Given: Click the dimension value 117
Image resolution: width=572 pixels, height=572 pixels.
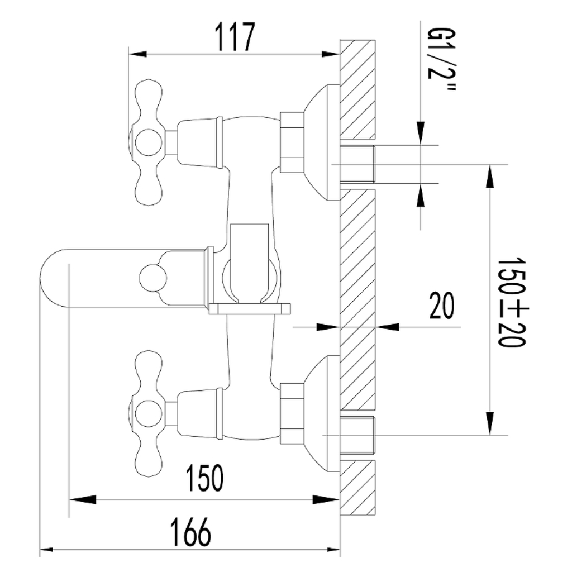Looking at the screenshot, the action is click(235, 37).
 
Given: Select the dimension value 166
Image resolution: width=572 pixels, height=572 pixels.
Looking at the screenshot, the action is click(191, 532).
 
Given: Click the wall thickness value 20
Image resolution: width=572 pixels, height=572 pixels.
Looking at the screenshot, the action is click(442, 305).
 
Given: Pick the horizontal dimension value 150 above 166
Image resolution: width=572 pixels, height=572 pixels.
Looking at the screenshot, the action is click(204, 478).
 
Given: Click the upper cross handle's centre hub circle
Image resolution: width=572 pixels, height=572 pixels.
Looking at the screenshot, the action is click(148, 142).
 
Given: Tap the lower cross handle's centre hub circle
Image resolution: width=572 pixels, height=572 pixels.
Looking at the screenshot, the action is click(148, 414).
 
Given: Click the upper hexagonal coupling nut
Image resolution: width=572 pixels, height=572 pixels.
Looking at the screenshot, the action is click(292, 142).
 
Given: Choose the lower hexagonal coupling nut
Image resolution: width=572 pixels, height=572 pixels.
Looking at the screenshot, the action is click(292, 413).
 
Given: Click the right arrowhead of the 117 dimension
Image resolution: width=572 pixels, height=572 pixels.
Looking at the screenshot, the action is click(331, 54).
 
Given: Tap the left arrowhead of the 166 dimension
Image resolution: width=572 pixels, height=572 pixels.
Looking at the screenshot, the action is click(47, 550).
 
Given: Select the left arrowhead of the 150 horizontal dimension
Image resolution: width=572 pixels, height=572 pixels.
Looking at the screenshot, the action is click(82, 499).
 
